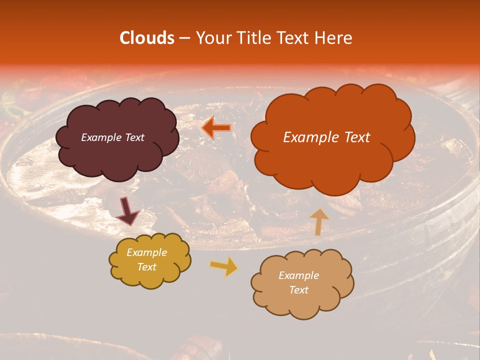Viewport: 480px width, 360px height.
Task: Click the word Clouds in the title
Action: pyautogui.click(x=147, y=38)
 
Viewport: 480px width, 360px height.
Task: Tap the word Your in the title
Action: pyautogui.click(x=211, y=38)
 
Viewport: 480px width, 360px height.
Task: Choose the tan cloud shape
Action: pyautogui.click(x=302, y=300)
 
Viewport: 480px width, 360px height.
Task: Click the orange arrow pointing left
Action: pyautogui.click(x=216, y=128)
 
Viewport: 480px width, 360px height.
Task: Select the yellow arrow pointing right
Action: pyautogui.click(x=224, y=267)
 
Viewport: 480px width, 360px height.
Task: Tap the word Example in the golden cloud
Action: pyautogui.click(x=146, y=252)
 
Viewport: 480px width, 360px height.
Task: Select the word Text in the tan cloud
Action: pyautogui.click(x=298, y=290)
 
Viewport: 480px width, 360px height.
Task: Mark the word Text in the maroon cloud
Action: pyautogui.click(x=135, y=137)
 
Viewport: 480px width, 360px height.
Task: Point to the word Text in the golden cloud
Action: pyautogui.click(x=146, y=267)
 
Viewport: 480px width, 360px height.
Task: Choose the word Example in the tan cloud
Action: pyautogui.click(x=298, y=275)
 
